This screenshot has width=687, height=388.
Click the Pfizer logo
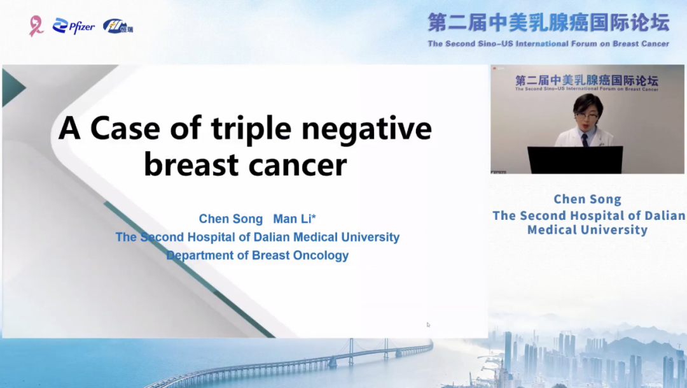point(74,26)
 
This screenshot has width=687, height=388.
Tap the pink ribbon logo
point(36,26)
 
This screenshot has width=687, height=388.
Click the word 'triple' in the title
point(251,129)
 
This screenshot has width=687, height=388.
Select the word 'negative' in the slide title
point(367,128)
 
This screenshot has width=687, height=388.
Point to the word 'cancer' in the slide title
point(298,166)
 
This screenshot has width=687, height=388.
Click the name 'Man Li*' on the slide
point(295,219)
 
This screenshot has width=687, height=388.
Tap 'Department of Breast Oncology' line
point(258,255)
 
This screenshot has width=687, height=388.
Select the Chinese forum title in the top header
point(548,23)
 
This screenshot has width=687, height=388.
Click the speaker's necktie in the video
point(585,140)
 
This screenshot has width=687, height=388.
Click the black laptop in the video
point(575,160)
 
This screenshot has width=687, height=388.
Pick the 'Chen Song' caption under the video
point(588,199)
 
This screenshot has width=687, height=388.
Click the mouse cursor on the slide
point(428,325)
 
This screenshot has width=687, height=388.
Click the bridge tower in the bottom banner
point(351,352)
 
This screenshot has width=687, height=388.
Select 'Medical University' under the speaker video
point(588,230)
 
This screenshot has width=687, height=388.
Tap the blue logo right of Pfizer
point(118,26)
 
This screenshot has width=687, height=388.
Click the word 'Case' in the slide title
point(125,128)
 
